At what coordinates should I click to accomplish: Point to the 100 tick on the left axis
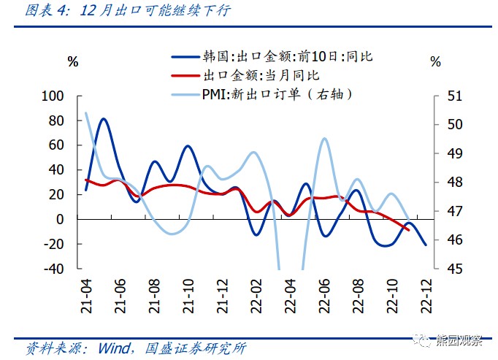coord(54,96)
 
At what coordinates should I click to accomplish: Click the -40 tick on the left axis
coord(54,269)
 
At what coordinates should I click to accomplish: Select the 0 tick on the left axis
coord(61,219)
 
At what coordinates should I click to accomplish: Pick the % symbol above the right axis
coord(436,62)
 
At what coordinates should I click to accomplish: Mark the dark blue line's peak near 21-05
coord(103,118)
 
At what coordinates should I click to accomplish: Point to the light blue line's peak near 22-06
coord(324,138)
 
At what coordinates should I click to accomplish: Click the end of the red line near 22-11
coord(407,229)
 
